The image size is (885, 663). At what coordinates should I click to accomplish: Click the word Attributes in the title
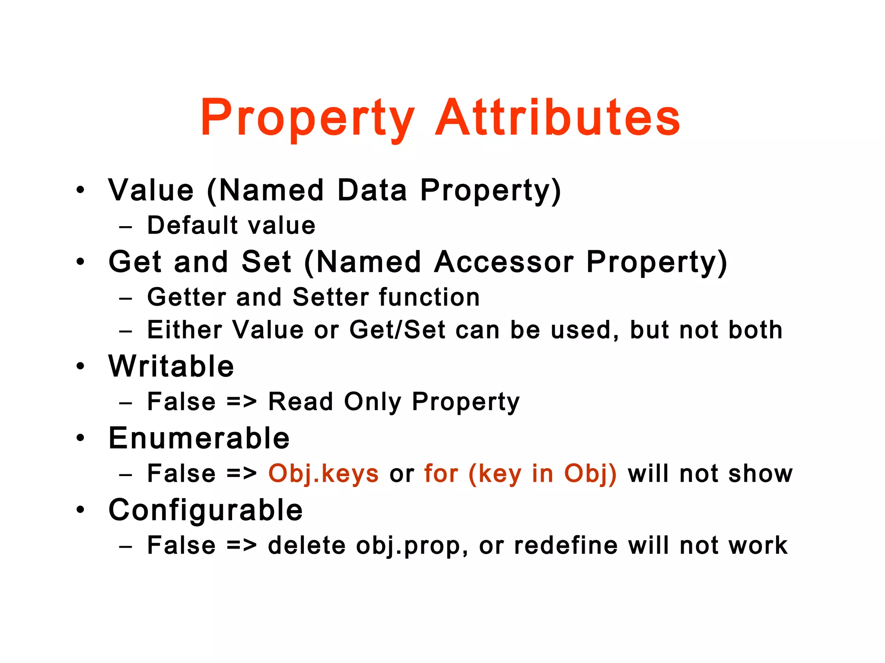[x=557, y=117]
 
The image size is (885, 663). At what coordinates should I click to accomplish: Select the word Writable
[x=171, y=366]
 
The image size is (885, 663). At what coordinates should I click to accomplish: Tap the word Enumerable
[x=199, y=438]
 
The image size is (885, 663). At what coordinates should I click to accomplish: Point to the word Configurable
[x=206, y=510]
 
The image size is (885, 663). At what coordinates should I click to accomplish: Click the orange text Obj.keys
[x=324, y=474]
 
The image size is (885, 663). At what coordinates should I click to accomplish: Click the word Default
[x=193, y=225]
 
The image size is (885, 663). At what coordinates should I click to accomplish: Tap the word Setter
[x=337, y=297]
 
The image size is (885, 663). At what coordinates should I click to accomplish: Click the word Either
[x=185, y=330]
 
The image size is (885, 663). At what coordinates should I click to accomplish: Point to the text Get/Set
[x=397, y=330]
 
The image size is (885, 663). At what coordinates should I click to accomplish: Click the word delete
[x=307, y=545]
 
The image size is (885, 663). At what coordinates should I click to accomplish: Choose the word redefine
[x=566, y=545]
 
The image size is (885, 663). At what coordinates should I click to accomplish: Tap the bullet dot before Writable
[x=80, y=366]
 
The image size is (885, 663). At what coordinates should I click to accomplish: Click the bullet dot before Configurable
[x=80, y=510]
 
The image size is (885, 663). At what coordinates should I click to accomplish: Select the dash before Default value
[x=126, y=226]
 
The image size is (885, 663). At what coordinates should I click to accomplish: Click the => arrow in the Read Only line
[x=242, y=402]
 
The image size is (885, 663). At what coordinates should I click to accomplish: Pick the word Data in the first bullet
[x=372, y=190]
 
